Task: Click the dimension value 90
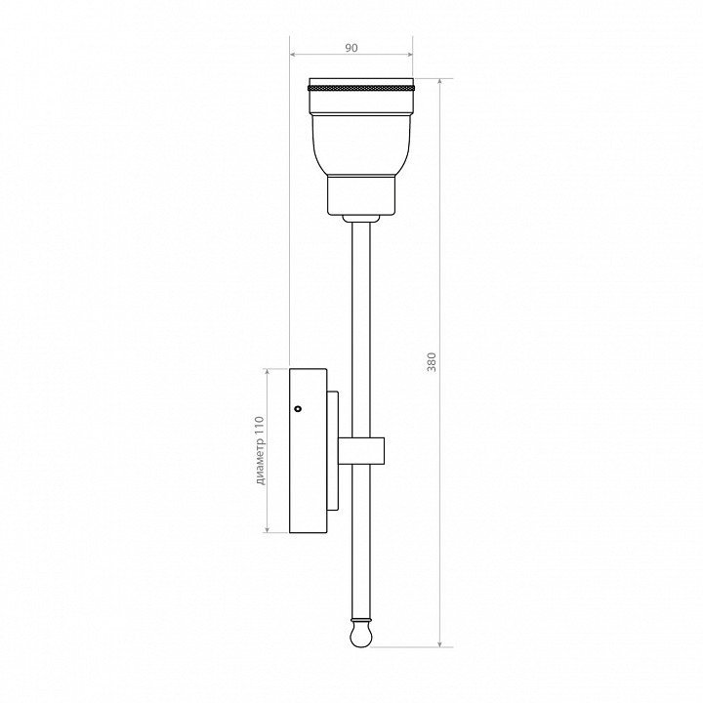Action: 351,48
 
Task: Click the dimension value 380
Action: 432,362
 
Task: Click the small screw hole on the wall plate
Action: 297,408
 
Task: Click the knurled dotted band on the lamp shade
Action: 361,88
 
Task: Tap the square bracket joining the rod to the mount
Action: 361,450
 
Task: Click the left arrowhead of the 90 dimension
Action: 293,55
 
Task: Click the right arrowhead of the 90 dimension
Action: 409,55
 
